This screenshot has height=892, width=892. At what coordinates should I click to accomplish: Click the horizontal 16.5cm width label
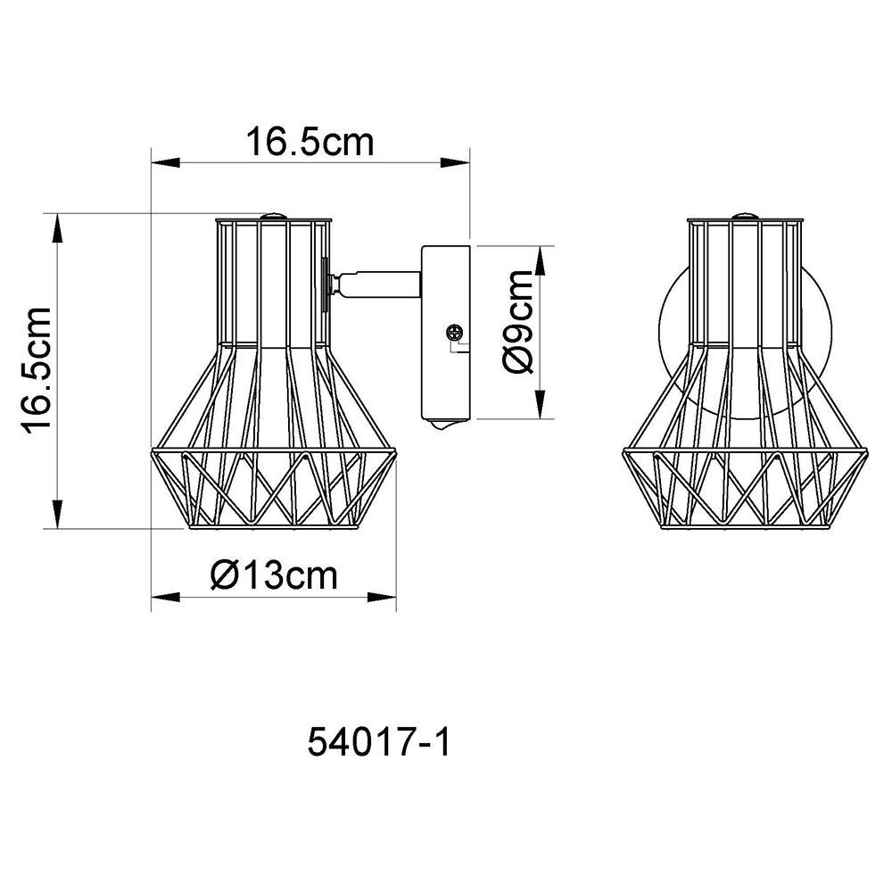310,142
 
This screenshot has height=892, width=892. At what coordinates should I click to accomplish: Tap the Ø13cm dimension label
275,575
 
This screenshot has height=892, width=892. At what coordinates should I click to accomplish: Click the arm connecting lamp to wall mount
376,284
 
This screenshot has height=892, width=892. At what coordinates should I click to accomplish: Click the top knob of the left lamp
274,214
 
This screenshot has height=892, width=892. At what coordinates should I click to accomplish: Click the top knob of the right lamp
743,214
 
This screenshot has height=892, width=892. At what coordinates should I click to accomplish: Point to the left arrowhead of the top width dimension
161,163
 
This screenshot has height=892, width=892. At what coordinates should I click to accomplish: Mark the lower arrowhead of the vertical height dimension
58,518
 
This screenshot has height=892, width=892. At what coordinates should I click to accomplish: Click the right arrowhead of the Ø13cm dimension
385,597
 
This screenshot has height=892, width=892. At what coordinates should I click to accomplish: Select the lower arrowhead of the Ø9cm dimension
542,409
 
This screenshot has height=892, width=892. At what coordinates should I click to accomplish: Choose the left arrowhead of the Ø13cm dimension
161,597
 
